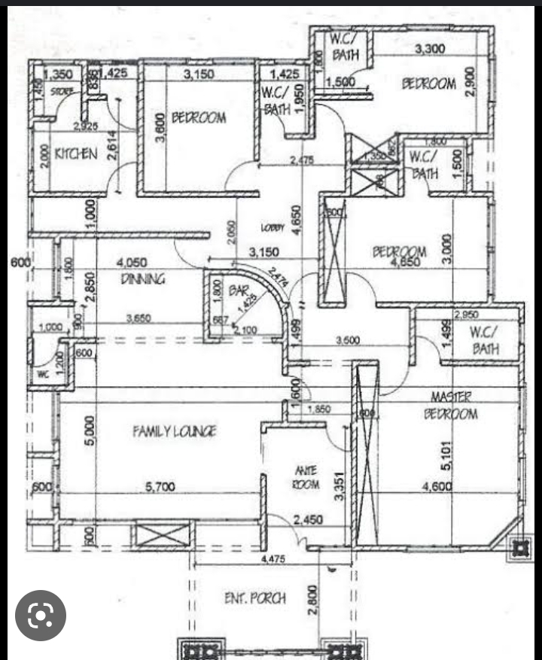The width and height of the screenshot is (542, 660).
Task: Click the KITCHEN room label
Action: pyautogui.click(x=76, y=154)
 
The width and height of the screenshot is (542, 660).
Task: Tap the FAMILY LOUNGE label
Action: pyautogui.click(x=175, y=431)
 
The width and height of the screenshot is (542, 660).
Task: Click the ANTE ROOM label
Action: pyautogui.click(x=306, y=477)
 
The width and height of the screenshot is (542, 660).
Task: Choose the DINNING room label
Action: pyautogui.click(x=143, y=279)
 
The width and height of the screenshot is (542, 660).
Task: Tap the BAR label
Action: pyautogui.click(x=239, y=288)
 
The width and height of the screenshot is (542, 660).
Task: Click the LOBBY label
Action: pyautogui.click(x=273, y=227)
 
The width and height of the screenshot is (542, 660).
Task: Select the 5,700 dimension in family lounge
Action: pyautogui.click(x=160, y=488)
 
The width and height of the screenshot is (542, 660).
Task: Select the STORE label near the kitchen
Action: pyautogui.click(x=61, y=92)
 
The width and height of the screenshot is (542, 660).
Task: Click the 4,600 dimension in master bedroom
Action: pyautogui.click(x=437, y=488)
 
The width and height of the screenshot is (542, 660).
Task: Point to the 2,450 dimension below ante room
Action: pyautogui.click(x=309, y=519)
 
